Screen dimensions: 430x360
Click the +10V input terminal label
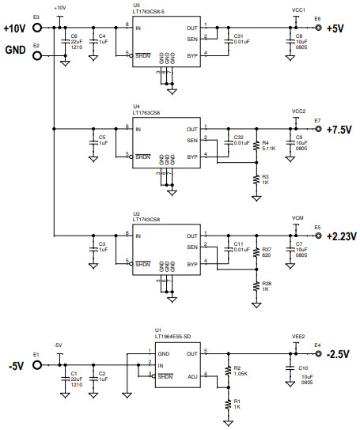tap(16, 28)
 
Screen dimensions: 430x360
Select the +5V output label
tap(335, 28)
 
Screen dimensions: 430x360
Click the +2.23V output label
tap(342, 237)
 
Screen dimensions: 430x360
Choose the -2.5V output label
tap(339, 355)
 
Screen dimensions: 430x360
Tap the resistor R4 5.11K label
tap(267, 145)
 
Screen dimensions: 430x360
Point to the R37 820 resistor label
tap(267, 251)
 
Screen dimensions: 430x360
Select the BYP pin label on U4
tap(191, 157)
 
